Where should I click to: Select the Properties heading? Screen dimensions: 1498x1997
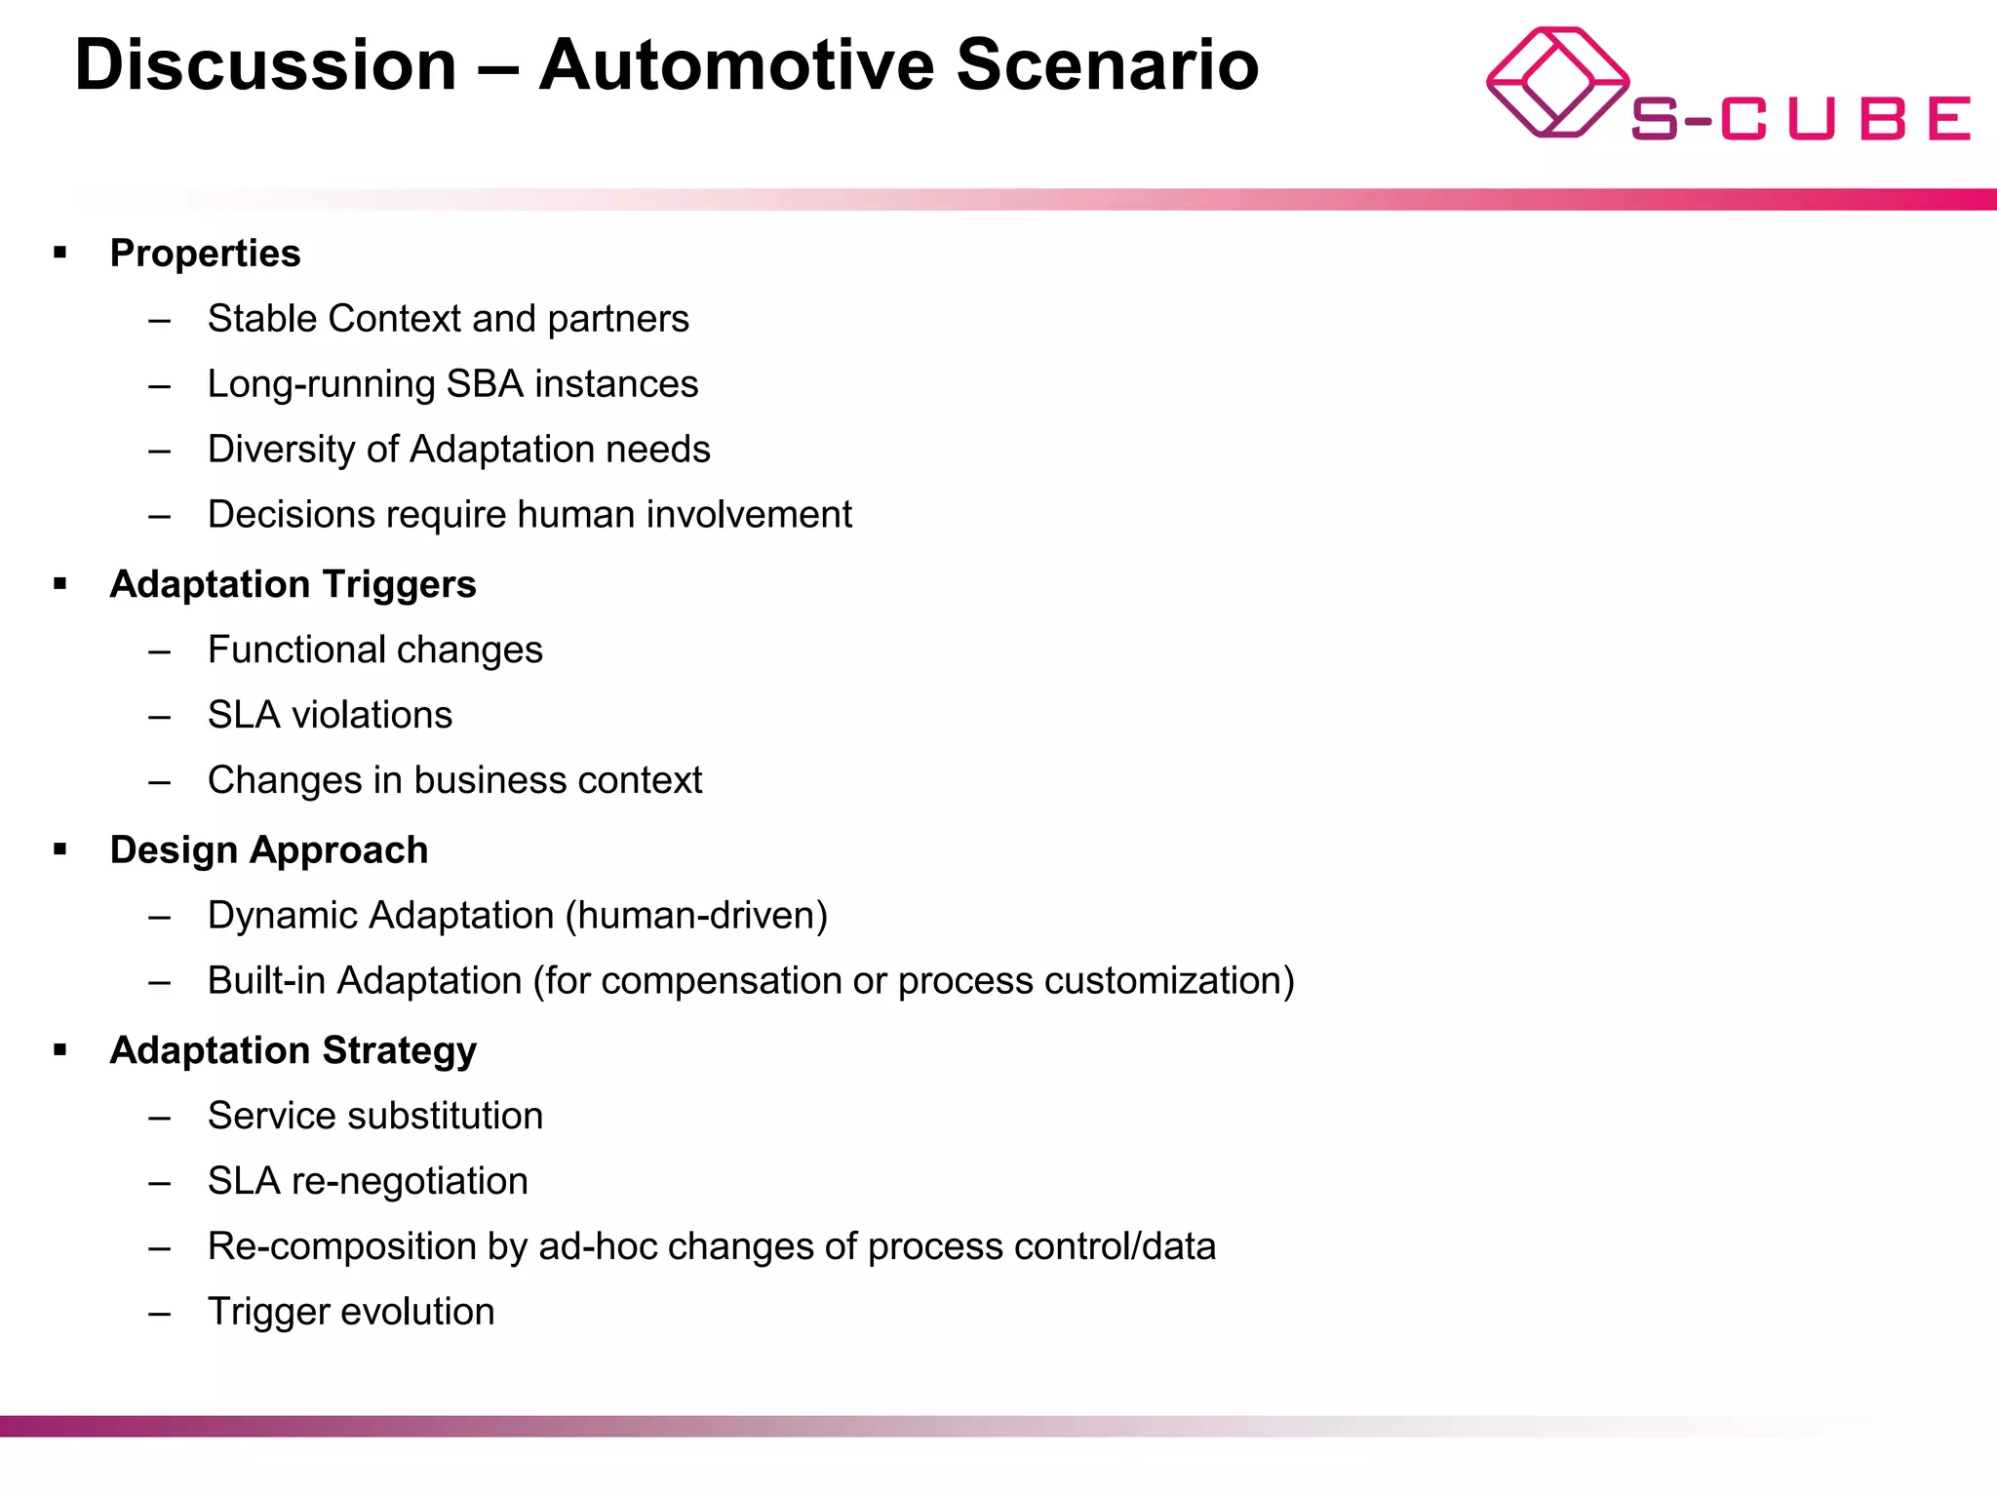pyautogui.click(x=205, y=254)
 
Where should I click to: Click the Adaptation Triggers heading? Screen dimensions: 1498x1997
pyautogui.click(x=293, y=584)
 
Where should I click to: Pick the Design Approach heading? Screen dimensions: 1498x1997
pyautogui.click(x=268, y=850)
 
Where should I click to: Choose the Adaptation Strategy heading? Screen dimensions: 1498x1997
pyautogui.click(x=293, y=1050)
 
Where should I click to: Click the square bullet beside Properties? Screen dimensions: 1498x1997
pyautogui.click(x=60, y=253)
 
